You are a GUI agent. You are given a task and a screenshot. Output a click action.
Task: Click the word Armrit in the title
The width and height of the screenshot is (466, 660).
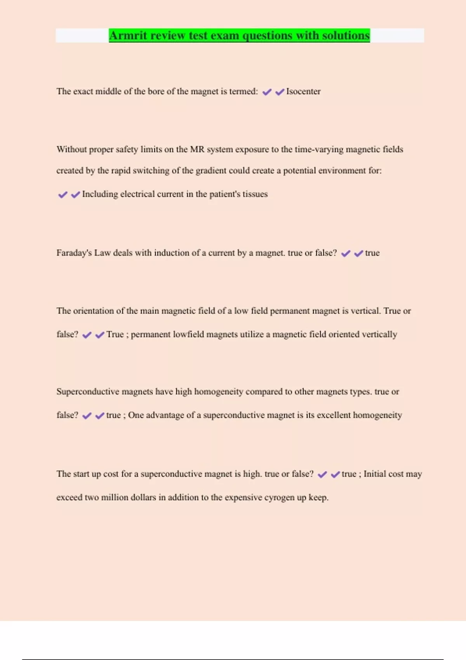click(127, 36)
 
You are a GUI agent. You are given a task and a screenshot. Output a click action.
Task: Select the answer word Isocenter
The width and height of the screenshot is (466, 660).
click(303, 92)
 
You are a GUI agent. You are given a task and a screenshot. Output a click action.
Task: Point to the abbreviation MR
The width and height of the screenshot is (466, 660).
click(197, 149)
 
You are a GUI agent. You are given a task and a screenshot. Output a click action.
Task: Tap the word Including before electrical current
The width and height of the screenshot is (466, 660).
click(100, 194)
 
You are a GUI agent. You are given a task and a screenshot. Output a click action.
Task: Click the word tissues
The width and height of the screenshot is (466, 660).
click(255, 194)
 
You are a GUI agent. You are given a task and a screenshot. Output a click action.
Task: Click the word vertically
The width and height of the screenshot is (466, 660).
click(379, 335)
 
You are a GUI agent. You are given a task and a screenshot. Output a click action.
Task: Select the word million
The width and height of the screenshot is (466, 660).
click(115, 498)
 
